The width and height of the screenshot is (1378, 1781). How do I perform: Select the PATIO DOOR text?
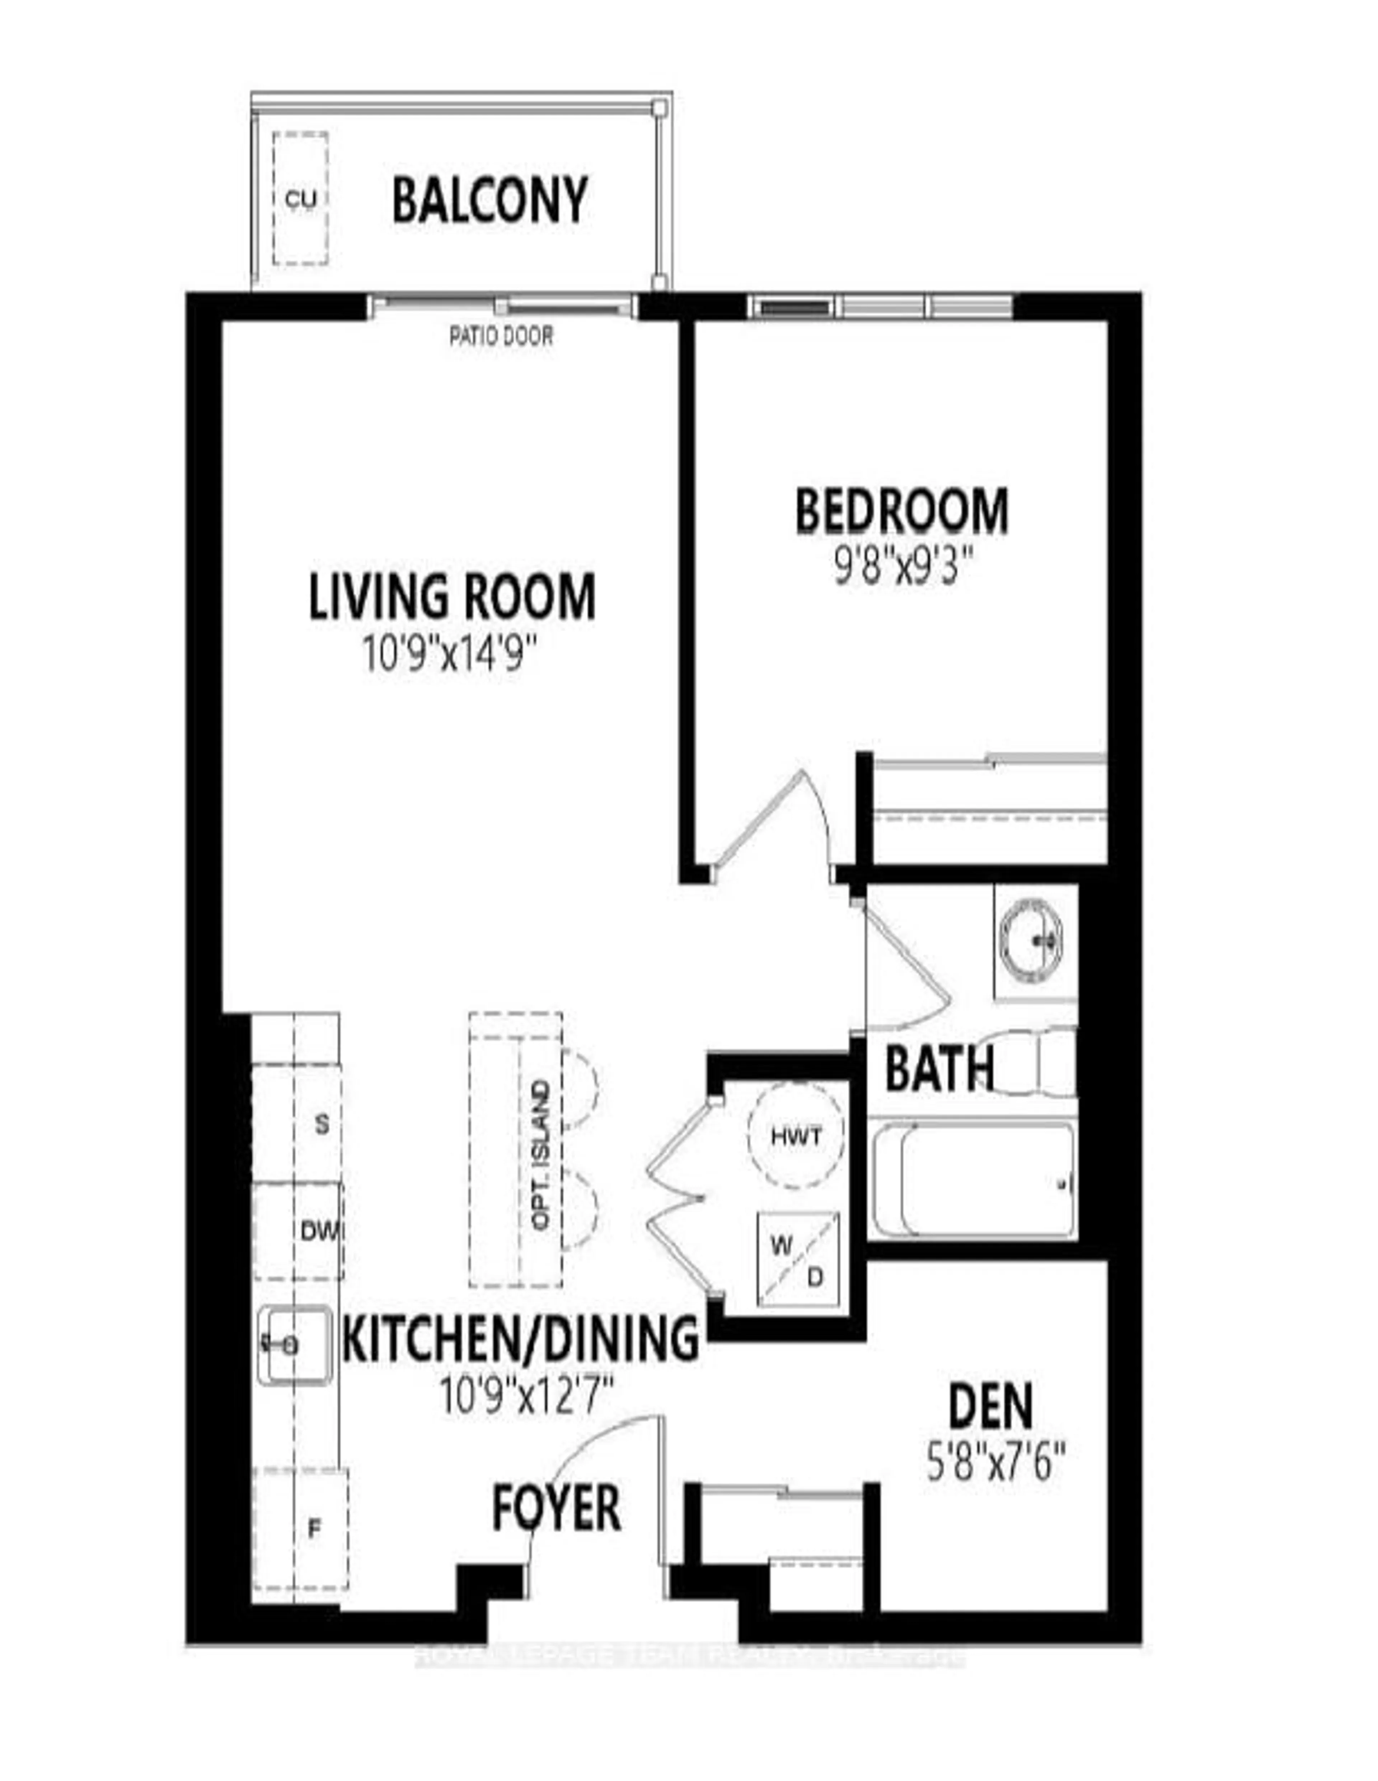[501, 336]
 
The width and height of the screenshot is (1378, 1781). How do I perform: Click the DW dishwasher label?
[319, 1231]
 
